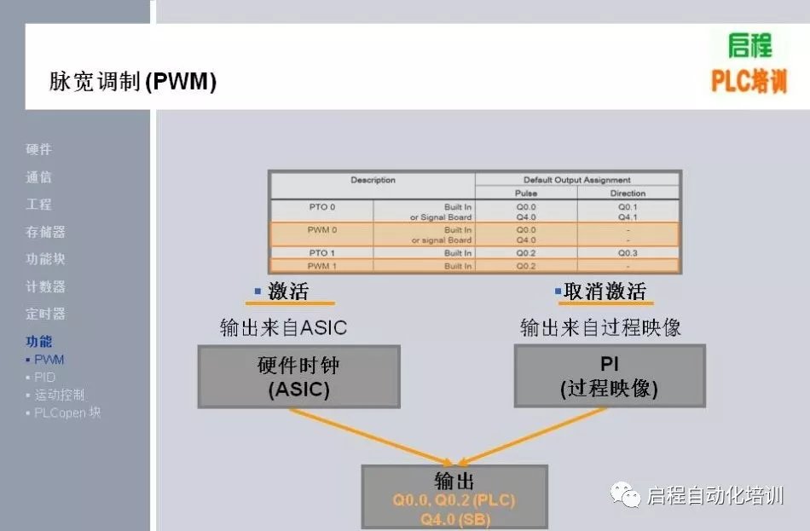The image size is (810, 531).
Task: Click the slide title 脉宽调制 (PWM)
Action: [133, 83]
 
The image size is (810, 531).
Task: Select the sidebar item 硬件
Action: [39, 149]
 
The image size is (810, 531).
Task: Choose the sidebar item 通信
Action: [39, 176]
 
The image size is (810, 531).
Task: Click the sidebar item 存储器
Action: [45, 232]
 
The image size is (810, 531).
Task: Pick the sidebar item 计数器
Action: [45, 286]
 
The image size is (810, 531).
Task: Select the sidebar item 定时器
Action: [45, 314]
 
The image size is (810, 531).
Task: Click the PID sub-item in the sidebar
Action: [44, 377]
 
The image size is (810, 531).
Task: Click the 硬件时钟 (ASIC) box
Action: [298, 377]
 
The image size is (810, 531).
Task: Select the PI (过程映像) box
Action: [609, 376]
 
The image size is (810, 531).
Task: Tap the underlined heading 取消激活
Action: [605, 291]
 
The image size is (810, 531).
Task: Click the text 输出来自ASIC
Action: [283, 327]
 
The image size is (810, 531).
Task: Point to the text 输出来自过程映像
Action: [601, 327]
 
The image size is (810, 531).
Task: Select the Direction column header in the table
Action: [628, 193]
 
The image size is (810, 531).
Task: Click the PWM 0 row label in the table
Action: [321, 230]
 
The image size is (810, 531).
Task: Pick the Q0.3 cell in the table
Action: [628, 253]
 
